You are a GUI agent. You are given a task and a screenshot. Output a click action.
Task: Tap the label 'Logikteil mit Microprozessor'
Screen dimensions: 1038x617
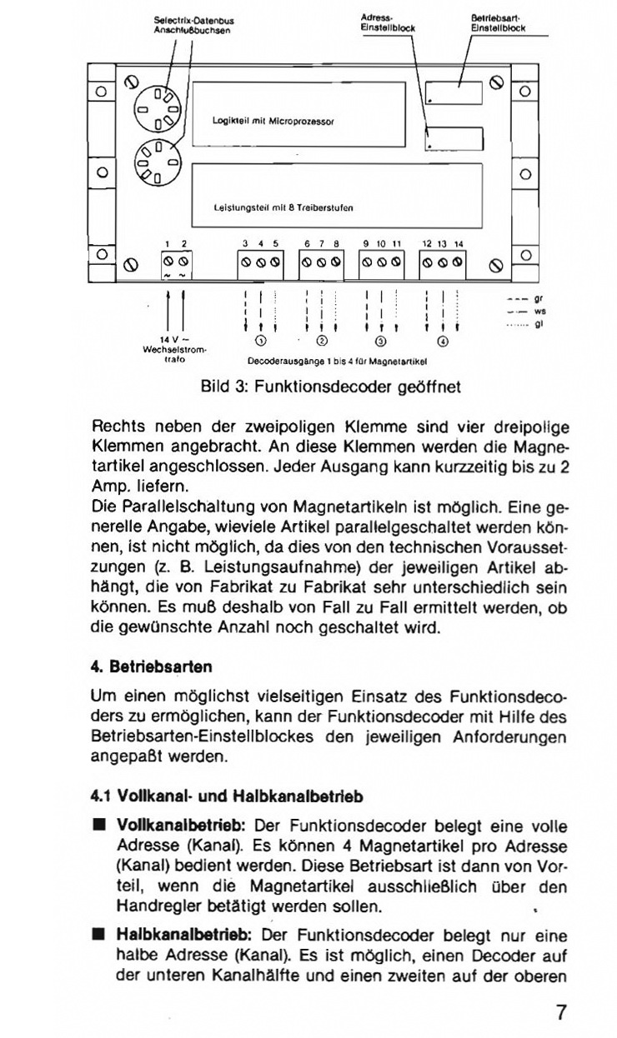click(x=273, y=121)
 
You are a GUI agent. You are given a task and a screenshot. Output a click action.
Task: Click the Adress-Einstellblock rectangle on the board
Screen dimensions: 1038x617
click(x=454, y=138)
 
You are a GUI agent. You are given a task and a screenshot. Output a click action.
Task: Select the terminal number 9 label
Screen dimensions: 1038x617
click(x=365, y=244)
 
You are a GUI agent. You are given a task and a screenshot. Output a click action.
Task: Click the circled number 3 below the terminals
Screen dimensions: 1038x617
click(x=381, y=341)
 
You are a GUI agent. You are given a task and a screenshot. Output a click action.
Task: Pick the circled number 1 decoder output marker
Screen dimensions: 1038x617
click(x=260, y=341)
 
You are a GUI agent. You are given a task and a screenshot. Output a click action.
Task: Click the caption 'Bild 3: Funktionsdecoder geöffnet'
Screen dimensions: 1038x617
click(x=330, y=387)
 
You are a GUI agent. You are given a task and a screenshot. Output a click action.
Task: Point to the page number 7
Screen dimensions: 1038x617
click(x=561, y=1013)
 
